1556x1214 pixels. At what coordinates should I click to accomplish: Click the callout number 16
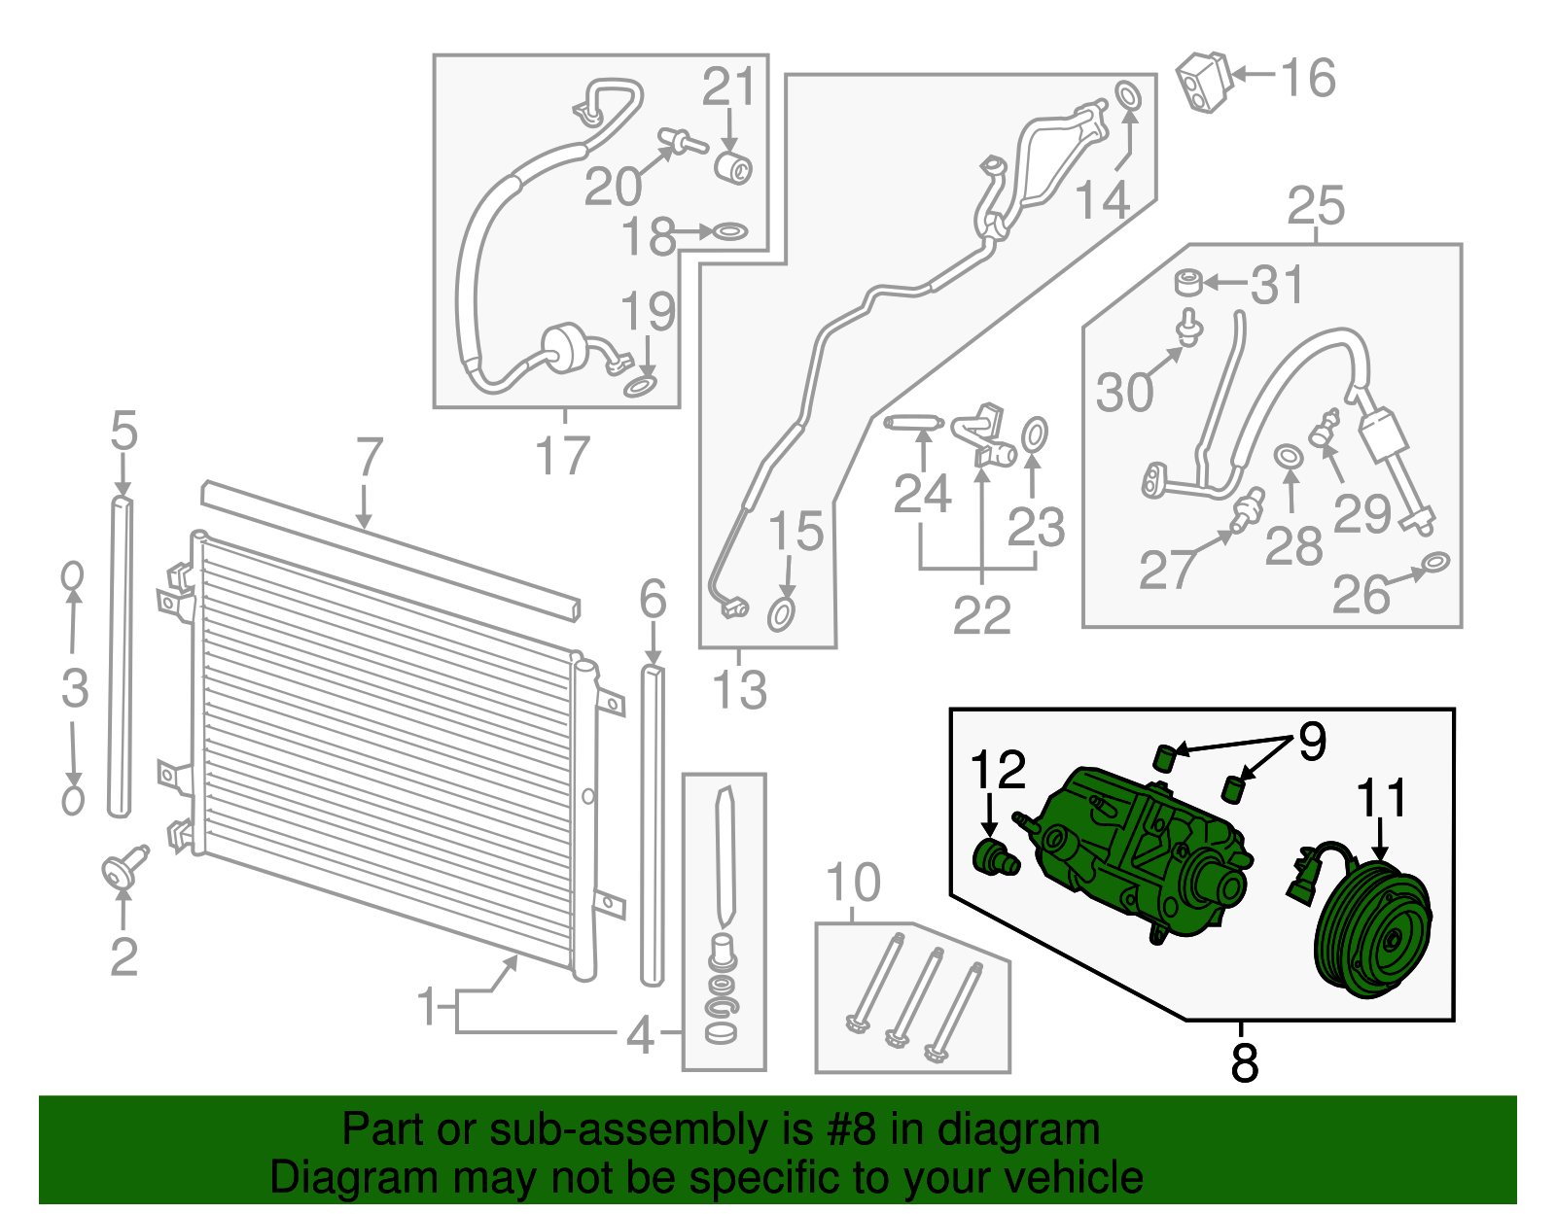click(1307, 78)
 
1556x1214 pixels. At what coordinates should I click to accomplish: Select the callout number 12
click(997, 770)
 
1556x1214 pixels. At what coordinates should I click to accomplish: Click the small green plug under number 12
click(994, 858)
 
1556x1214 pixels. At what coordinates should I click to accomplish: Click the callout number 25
click(1316, 206)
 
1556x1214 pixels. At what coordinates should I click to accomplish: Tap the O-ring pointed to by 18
click(728, 232)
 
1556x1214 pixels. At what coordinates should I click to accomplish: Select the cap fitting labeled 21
click(734, 166)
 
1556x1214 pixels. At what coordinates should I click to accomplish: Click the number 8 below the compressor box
click(1244, 1062)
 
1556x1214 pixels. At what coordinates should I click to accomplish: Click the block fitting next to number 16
click(1204, 83)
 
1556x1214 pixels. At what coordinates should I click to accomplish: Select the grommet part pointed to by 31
click(1187, 284)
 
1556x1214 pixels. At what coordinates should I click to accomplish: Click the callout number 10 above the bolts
click(853, 883)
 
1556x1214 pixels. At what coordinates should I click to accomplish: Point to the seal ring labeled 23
click(1036, 435)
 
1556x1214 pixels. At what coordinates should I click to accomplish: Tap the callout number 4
click(639, 1034)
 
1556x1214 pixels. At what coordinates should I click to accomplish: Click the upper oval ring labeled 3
click(73, 576)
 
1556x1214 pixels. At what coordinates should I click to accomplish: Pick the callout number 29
click(1361, 513)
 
